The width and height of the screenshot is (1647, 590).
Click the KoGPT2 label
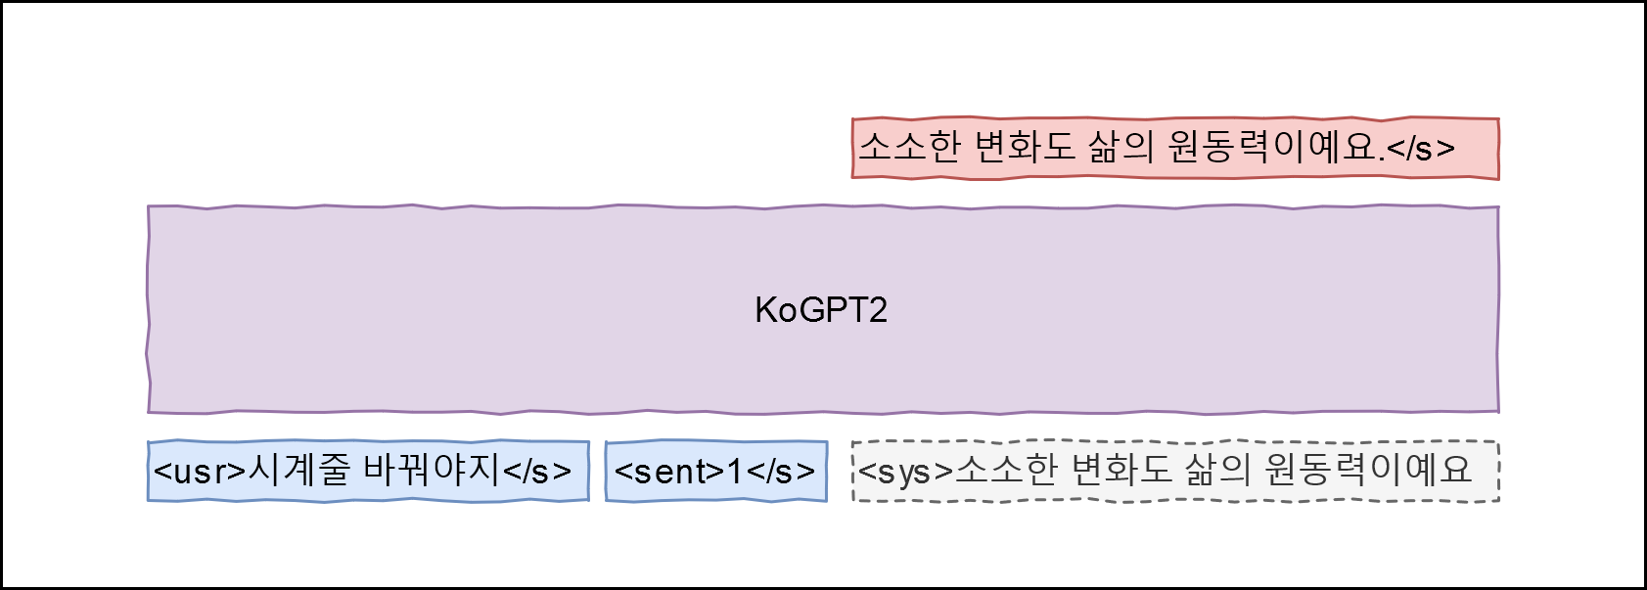tap(821, 310)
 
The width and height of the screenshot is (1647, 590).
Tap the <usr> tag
tap(200, 472)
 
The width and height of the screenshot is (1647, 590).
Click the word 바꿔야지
tap(432, 471)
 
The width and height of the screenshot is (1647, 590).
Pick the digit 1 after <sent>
tap(735, 472)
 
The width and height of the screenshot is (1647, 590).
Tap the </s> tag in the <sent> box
tap(781, 472)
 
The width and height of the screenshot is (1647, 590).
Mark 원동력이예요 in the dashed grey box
tap(1368, 471)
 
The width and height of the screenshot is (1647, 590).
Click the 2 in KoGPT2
tap(878, 310)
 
